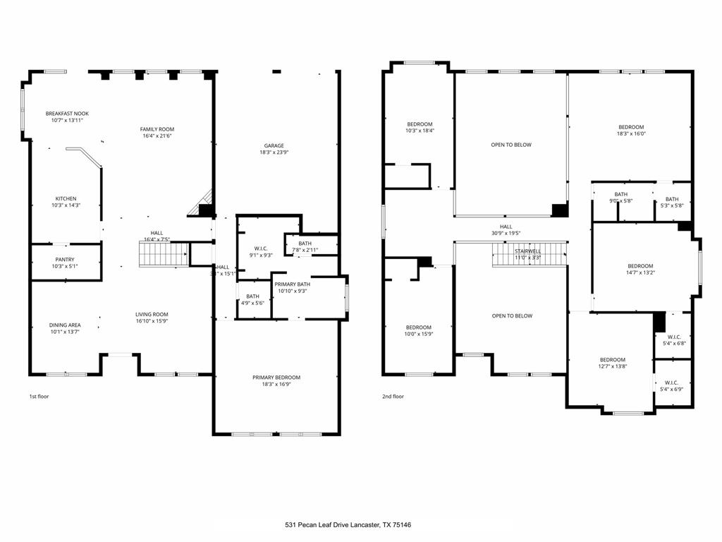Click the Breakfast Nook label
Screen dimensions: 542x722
pos(67,114)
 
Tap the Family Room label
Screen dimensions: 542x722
pos(157,129)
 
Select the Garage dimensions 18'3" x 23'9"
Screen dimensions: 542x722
pos(274,152)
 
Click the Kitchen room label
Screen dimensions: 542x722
pos(66,199)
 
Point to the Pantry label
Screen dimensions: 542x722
pos(65,260)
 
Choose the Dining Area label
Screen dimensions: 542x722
pos(65,325)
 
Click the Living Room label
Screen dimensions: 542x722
pos(152,315)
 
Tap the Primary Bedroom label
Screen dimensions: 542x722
pos(276,378)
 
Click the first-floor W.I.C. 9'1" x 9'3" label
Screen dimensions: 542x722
pos(259,248)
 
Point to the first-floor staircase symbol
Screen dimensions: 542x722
pos(164,253)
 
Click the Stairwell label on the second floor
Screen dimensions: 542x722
pos(527,251)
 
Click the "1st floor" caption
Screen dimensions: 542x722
pos(39,397)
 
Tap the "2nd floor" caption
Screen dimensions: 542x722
pos(393,397)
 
